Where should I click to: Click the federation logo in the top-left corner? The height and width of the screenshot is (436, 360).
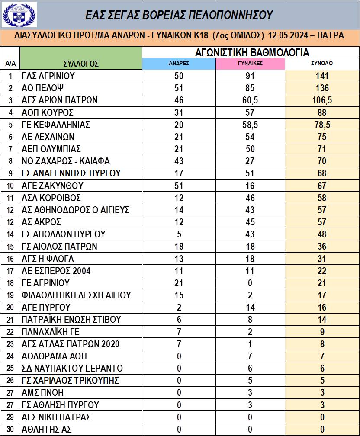pyautogui.click(x=19, y=14)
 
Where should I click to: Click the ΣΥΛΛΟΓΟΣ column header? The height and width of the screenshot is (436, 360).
pyautogui.click(x=81, y=64)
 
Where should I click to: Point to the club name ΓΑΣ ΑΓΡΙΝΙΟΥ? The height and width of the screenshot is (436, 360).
pyautogui.click(x=48, y=76)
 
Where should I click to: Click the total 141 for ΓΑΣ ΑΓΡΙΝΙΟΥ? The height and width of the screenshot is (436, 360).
pyautogui.click(x=322, y=76)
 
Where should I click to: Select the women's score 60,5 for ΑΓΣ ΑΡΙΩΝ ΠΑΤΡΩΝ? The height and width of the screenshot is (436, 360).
pyautogui.click(x=250, y=100)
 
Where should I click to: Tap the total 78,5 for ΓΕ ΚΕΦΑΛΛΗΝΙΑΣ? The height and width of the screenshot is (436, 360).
pyautogui.click(x=322, y=125)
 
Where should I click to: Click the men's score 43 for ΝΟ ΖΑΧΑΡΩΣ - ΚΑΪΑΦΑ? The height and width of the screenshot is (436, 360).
pyautogui.click(x=179, y=161)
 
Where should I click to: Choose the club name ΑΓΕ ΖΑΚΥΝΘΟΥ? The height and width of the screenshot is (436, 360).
pyautogui.click(x=52, y=186)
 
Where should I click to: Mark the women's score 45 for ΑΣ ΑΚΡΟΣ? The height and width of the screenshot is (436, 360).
pyautogui.click(x=250, y=222)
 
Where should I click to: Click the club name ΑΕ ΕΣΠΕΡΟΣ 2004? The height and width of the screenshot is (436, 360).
pyautogui.click(x=56, y=271)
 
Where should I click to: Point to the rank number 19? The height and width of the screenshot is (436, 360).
pyautogui.click(x=10, y=295)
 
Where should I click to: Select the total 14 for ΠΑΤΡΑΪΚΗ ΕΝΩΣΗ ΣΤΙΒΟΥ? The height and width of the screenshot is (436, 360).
pyautogui.click(x=322, y=320)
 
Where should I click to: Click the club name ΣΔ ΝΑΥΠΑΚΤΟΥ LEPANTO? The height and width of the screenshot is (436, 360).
pyautogui.click(x=72, y=369)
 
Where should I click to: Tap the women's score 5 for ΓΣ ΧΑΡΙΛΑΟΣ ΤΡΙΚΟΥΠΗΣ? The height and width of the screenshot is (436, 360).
pyautogui.click(x=250, y=381)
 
